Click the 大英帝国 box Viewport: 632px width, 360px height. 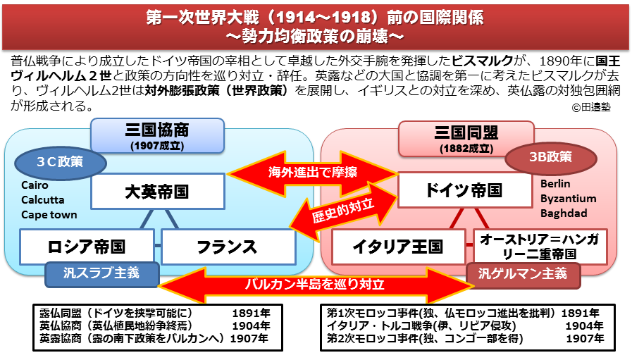tap(157, 192)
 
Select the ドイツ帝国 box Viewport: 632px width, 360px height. tap(464, 190)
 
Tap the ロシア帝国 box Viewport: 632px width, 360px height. tap(86, 247)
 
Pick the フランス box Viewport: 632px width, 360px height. tap(228, 247)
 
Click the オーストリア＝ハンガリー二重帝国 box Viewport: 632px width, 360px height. tap(539, 247)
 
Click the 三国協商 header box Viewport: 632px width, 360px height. tap(157, 135)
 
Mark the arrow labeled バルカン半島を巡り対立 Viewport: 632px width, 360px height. tap(314, 285)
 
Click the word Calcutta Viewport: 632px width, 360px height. tap(42, 199)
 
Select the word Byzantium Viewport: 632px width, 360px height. tap(568, 198)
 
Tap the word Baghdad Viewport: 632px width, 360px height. tap(564, 213)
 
